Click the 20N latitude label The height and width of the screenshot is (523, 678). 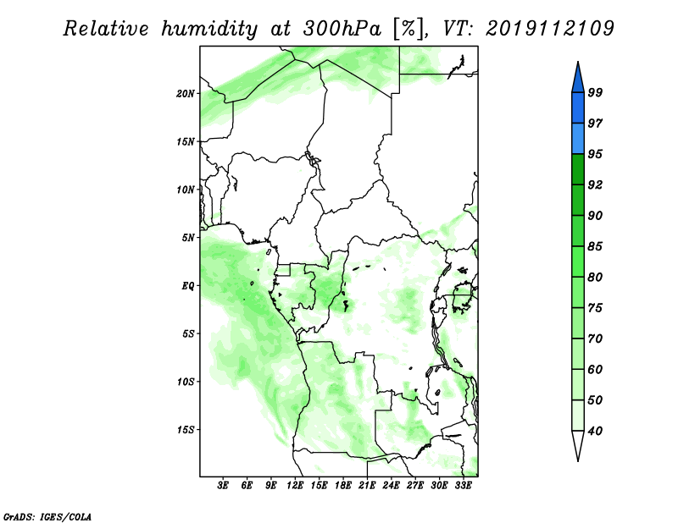[x=186, y=93]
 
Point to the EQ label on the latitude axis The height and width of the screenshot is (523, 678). [x=187, y=285]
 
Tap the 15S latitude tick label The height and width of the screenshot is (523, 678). [x=186, y=429]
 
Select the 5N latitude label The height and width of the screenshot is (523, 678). [x=188, y=238]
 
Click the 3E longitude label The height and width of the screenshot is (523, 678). [x=223, y=485]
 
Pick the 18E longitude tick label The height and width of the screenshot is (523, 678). [x=343, y=485]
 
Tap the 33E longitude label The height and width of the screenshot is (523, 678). [x=463, y=485]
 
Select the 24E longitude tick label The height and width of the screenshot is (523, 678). [x=391, y=485]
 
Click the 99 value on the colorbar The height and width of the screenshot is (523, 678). [x=595, y=92]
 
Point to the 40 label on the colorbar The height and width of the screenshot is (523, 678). [x=595, y=431]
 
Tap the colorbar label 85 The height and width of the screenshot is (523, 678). [x=595, y=246]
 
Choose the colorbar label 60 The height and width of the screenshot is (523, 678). [x=595, y=369]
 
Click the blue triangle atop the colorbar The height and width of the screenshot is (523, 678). [x=578, y=80]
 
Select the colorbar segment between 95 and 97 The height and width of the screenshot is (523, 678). [x=578, y=139]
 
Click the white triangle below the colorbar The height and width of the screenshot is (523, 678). [x=578, y=444]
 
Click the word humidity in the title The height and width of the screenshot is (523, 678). [x=209, y=29]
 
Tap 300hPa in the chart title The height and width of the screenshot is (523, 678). [x=342, y=28]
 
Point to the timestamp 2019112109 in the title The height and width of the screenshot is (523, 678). [x=549, y=28]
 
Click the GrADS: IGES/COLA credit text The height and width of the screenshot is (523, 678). [x=47, y=517]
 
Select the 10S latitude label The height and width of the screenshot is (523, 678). [x=186, y=382]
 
